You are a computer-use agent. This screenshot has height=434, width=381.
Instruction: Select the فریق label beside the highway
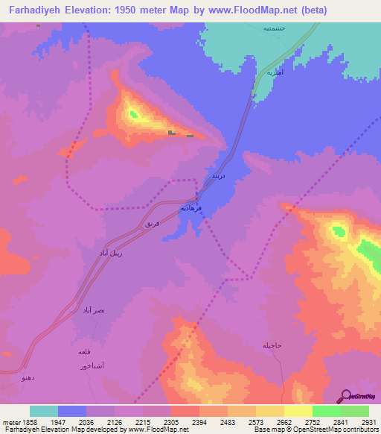(x=152, y=224)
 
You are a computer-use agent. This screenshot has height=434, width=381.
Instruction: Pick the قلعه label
(x=84, y=351)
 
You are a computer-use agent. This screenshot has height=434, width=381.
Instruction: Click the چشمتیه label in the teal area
(x=274, y=28)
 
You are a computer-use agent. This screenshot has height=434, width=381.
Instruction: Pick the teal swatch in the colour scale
(x=44, y=411)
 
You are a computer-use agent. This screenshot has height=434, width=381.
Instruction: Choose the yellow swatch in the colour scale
(x=298, y=411)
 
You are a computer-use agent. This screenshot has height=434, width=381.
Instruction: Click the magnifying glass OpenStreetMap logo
(x=345, y=396)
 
